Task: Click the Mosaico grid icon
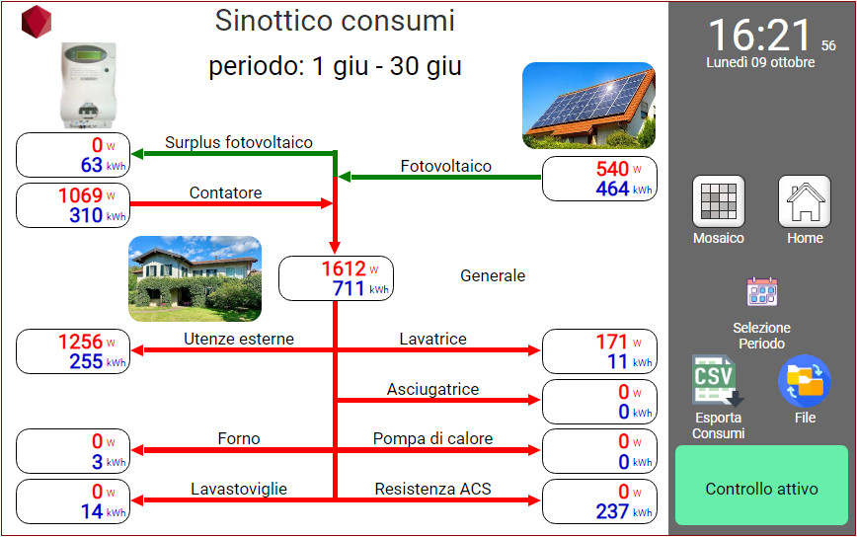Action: [718, 201]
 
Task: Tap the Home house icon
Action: [805, 201]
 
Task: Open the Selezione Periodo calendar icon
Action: [762, 291]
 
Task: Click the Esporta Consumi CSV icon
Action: [718, 381]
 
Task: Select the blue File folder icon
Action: [805, 381]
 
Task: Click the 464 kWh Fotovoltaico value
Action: [624, 189]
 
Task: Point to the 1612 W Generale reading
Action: [350, 268]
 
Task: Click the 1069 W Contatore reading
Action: [87, 195]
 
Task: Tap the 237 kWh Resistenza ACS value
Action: [624, 512]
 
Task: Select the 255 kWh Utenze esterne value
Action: [98, 361]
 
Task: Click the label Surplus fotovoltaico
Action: [239, 142]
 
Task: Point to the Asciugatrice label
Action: [432, 390]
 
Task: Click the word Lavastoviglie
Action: [239, 489]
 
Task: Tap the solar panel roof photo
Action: [588, 106]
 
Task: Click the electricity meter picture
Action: [88, 85]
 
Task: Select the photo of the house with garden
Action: [195, 278]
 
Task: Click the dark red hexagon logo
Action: [37, 22]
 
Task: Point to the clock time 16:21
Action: [760, 36]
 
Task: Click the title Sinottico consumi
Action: [335, 21]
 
